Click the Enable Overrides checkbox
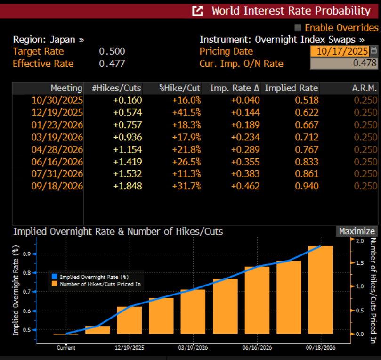pos(298,27)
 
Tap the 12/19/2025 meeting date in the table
pos(57,113)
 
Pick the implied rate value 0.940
pos(307,186)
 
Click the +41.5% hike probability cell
pos(187,113)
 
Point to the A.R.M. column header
pos(364,88)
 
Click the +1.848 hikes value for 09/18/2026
pos(128,186)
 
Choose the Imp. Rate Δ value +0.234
pos(245,137)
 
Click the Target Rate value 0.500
pos(112,51)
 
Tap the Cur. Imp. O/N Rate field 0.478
pos(344,63)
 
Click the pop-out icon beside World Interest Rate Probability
pos(198,10)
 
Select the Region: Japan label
pos(49,40)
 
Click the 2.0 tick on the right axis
pos(360,241)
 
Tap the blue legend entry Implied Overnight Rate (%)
pos(94,277)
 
